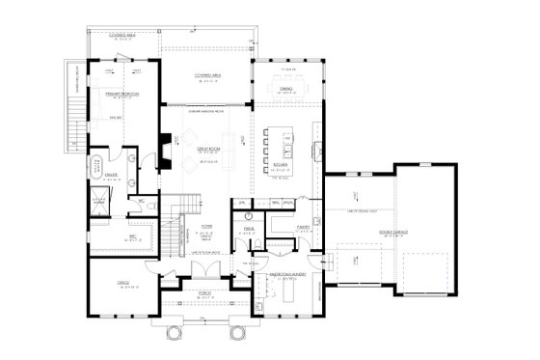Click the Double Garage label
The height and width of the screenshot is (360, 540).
pos(393,231)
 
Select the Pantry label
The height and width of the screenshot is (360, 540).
pos(303,228)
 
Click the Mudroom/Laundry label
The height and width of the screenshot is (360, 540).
pos(286,274)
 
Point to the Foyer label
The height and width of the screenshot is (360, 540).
pos(206,228)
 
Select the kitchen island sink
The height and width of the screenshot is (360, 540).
pos(286,148)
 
